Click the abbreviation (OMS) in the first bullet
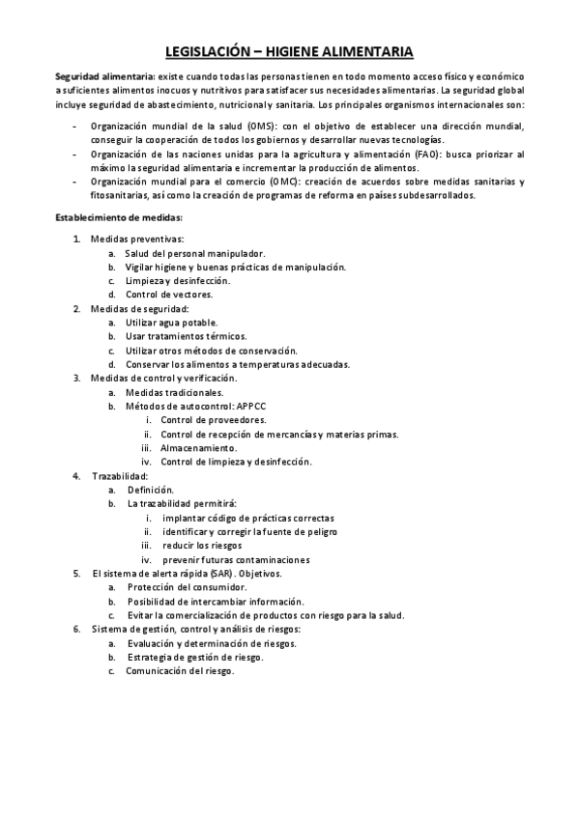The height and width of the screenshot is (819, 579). click(x=259, y=127)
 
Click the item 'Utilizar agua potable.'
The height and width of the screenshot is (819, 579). click(x=171, y=322)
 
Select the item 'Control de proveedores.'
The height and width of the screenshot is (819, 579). click(x=214, y=420)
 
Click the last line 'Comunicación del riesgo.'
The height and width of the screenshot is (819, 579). click(x=180, y=671)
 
